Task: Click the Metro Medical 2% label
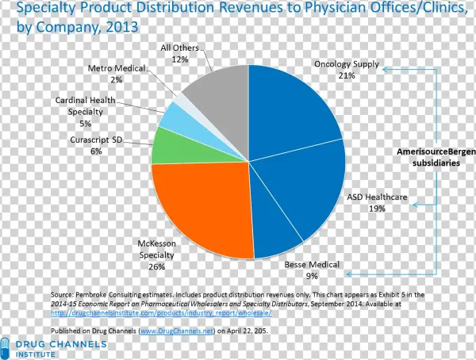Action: pyautogui.click(x=117, y=74)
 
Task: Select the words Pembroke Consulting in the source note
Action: pyautogui.click(x=109, y=294)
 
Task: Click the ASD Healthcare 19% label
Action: pyautogui.click(x=377, y=202)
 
